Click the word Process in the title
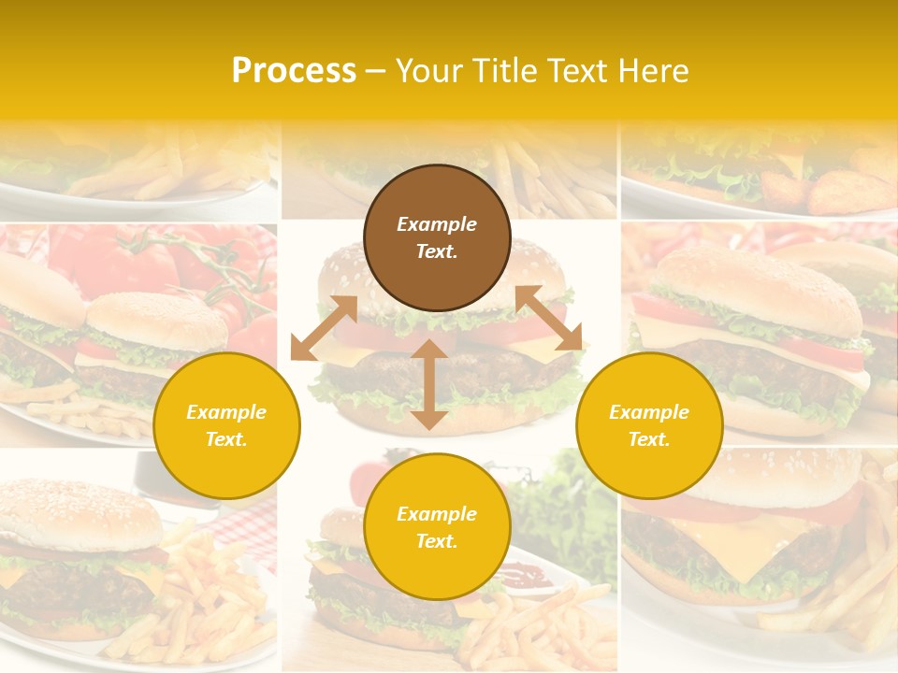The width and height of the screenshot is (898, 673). tap(294, 71)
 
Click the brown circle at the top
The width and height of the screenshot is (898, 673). tap(437, 238)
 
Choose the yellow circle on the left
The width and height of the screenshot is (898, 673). tap(226, 426)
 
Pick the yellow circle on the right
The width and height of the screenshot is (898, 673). tap(649, 426)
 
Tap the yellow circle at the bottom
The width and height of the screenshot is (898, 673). tap(437, 527)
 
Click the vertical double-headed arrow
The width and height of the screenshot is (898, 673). tap(428, 384)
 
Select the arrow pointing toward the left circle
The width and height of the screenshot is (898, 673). tap(324, 328)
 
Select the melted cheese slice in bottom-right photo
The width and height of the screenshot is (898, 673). tap(739, 547)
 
